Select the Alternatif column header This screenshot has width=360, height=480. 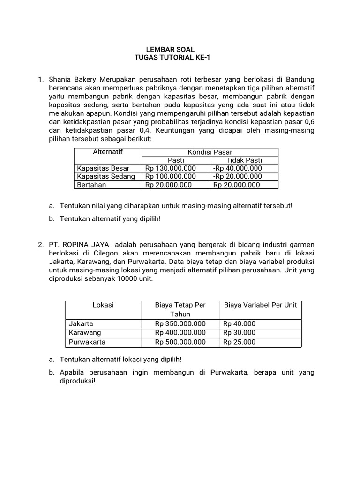108,152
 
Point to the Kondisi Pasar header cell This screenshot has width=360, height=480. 210,152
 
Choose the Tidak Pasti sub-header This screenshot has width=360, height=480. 244,160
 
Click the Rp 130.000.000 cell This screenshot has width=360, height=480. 170,168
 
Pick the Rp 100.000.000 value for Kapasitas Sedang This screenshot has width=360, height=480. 170,176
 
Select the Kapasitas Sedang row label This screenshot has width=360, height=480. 106,176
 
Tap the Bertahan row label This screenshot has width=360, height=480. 92,185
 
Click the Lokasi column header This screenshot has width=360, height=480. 103,305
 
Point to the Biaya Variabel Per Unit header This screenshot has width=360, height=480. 261,305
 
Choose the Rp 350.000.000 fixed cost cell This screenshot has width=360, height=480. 180,323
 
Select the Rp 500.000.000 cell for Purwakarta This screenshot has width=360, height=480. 180,342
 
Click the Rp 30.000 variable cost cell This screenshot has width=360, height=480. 240,333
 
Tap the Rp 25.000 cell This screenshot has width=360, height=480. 240,342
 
